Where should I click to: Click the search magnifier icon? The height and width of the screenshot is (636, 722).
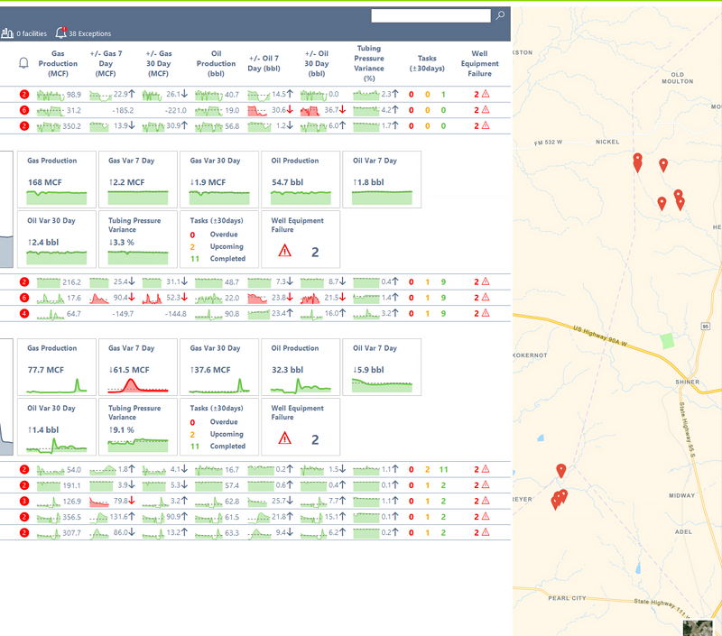[x=500, y=15]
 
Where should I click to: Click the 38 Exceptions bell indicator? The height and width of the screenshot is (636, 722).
[x=83, y=33]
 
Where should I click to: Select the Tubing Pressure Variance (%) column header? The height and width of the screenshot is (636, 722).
[x=368, y=63]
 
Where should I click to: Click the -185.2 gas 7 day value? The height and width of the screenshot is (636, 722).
[x=118, y=110]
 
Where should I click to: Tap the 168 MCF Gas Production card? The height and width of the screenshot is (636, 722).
[x=59, y=179]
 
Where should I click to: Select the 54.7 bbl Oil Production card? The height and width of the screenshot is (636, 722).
[x=302, y=179]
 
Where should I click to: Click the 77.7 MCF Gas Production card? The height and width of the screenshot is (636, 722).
[x=59, y=366]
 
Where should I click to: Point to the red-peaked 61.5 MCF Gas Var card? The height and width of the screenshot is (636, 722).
[x=140, y=366]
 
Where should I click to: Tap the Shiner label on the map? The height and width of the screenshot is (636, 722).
[x=688, y=383]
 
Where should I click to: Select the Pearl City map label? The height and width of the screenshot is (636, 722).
[x=567, y=598]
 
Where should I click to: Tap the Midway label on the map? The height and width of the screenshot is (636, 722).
[x=681, y=496]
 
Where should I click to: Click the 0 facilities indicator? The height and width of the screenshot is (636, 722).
[x=24, y=33]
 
